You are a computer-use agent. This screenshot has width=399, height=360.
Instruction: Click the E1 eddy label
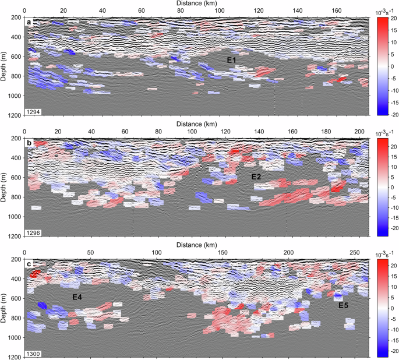tap(232, 59)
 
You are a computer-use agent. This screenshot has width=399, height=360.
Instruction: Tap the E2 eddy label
tap(256, 177)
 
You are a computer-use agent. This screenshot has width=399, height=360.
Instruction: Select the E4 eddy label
tap(77, 297)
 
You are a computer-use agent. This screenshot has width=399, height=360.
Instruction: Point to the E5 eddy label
tap(344, 304)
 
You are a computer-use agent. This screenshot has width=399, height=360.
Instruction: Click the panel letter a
tap(29, 22)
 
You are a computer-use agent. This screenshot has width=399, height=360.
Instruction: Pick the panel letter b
tap(29, 142)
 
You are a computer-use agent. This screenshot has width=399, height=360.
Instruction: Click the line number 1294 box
tap(33, 111)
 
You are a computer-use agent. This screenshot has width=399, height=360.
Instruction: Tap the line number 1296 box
tap(33, 232)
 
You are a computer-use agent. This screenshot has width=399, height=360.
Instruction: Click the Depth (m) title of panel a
tap(4, 66)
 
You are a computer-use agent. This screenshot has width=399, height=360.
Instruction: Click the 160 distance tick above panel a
tap(336, 10)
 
